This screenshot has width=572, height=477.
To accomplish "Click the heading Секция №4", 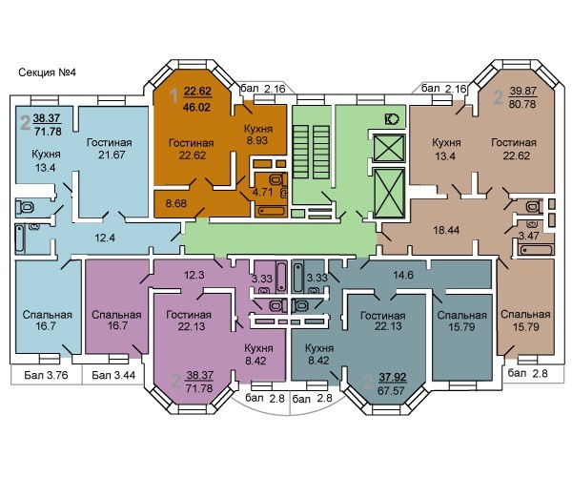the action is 47,73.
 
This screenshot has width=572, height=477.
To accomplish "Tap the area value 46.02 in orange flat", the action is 197,107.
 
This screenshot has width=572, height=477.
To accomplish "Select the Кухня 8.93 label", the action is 258,135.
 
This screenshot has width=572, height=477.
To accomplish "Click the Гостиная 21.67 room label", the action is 109,149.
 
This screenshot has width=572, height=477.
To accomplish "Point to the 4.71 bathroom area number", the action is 262,192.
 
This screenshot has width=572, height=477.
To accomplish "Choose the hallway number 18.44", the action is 446,230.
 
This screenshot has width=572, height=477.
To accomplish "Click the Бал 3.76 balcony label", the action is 47,375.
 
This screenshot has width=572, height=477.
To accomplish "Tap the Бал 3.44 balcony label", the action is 113,375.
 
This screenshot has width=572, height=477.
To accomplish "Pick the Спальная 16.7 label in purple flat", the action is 116,321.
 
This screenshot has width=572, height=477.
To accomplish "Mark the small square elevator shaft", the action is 389,148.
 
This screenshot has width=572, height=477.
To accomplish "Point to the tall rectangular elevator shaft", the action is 390,193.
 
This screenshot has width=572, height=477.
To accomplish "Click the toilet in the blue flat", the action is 25,207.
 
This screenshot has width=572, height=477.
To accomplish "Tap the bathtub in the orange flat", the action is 271,211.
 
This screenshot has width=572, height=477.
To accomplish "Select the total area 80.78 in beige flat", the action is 522,104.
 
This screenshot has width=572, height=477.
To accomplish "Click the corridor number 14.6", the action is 403,275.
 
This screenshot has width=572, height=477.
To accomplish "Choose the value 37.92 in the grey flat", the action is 393,377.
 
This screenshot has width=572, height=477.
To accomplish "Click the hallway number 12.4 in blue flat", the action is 105,238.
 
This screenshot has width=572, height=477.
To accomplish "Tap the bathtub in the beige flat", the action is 536,251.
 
